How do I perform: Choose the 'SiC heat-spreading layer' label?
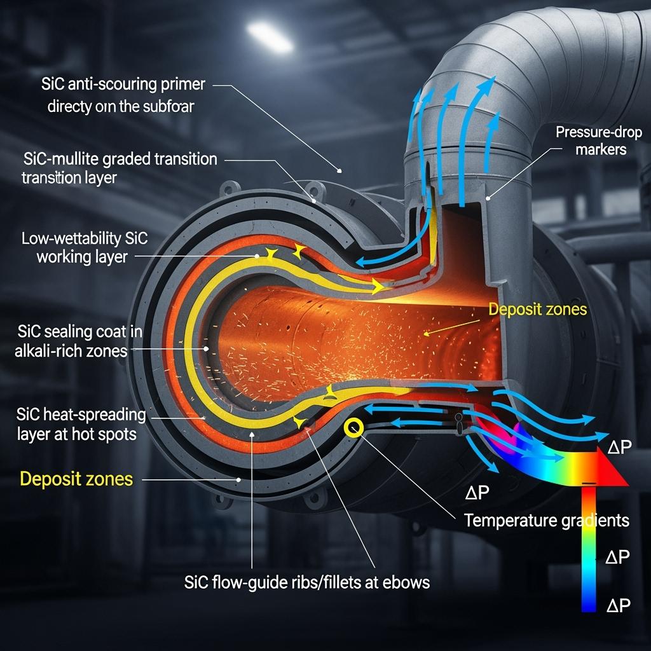(81, 425)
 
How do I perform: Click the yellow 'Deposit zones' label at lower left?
(77, 478)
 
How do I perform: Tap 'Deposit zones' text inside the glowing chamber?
(538, 310)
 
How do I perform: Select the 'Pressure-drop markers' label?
(599, 140)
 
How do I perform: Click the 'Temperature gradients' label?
(547, 520)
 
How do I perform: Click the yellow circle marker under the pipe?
(352, 428)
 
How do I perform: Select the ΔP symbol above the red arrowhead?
(619, 446)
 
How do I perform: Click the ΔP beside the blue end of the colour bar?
(619, 605)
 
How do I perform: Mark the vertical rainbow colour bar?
(589, 547)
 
